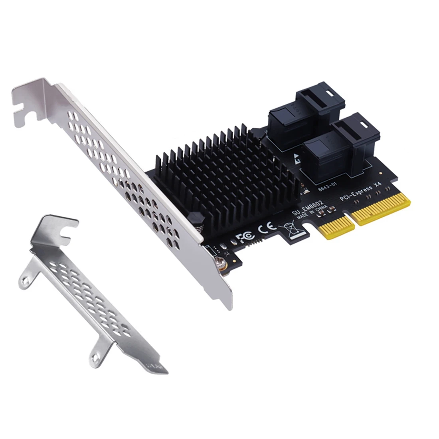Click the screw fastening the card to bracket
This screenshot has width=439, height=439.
click(219, 263)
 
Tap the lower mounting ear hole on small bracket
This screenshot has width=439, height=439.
click(96, 352)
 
